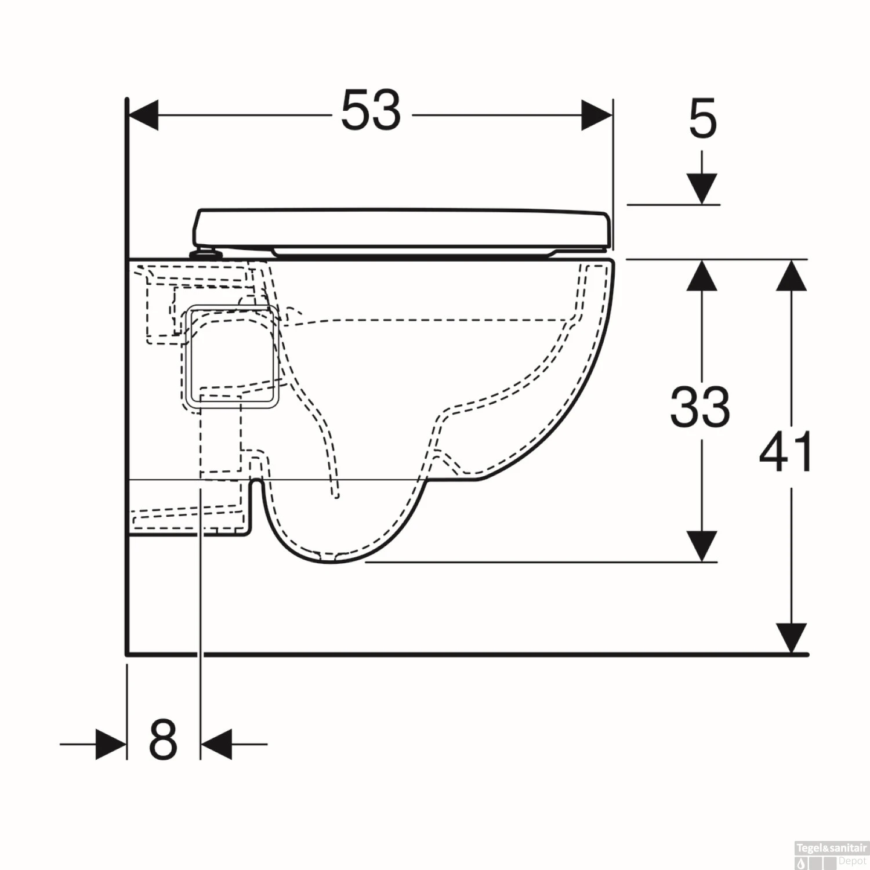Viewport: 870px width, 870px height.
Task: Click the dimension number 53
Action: pos(371,110)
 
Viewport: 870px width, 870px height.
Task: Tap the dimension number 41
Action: pos(786,452)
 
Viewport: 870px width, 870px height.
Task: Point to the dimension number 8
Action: pos(163,740)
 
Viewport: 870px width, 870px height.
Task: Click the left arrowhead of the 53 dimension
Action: pos(143,115)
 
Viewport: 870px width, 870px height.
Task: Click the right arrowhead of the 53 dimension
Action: pos(597,115)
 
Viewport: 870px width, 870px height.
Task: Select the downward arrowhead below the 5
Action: pos(702,189)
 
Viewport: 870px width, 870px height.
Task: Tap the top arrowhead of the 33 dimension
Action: pos(702,275)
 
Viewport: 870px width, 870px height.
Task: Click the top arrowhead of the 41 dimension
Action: pos(792,275)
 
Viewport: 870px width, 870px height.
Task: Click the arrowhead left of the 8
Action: pos(111,744)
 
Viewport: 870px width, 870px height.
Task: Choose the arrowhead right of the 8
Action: pos(216,744)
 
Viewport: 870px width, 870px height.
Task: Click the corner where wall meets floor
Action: pos(127,654)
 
